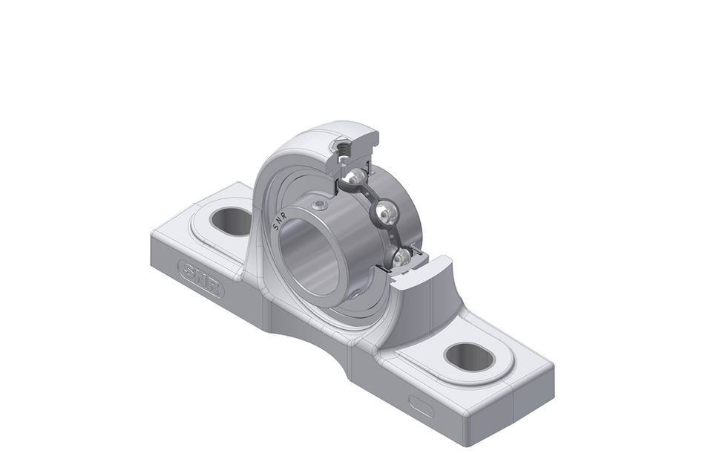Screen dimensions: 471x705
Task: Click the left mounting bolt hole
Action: click(232, 221)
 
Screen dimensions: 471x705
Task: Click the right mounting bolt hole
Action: click(469, 357)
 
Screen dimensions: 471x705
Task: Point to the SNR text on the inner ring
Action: click(283, 215)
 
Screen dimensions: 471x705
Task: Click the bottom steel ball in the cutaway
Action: click(401, 257)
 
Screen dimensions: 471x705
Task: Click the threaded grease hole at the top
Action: click(344, 152)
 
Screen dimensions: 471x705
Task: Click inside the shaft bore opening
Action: click(311, 257)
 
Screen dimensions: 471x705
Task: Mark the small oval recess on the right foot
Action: click(422, 406)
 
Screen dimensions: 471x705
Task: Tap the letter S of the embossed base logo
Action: click(188, 269)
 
